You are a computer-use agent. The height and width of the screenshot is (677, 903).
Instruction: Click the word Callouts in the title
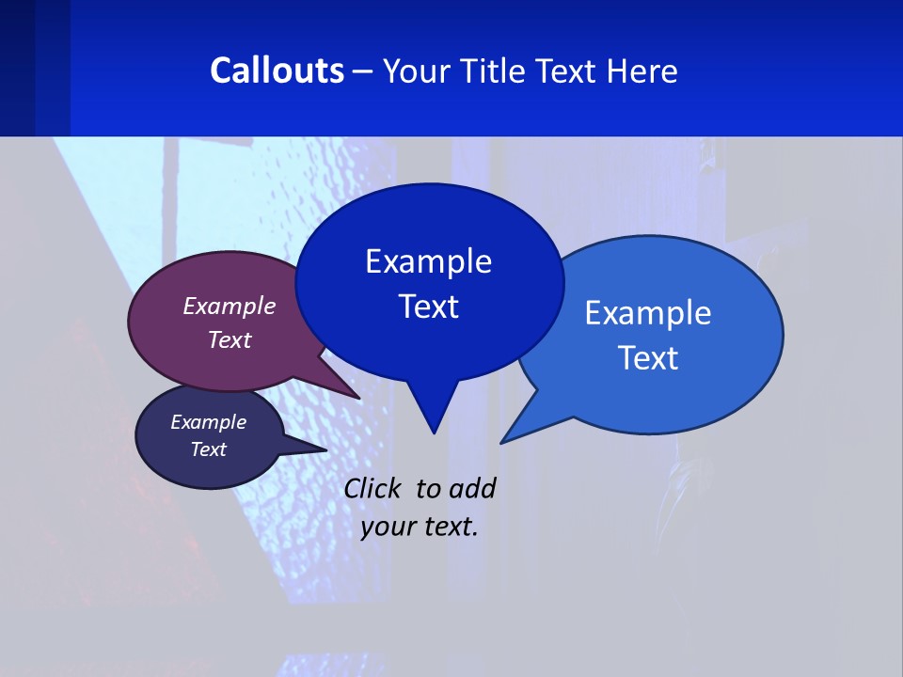coord(277,71)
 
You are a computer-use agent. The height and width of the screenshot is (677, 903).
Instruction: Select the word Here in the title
coord(642,71)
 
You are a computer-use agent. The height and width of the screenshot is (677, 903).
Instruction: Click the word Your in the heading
coord(419,71)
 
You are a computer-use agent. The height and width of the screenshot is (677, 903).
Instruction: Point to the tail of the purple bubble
coord(343,388)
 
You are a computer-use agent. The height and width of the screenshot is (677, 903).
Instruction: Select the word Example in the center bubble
coord(428,261)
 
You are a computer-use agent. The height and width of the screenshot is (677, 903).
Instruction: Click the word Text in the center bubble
coord(428,307)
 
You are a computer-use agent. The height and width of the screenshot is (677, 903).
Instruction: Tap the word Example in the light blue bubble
coord(648,313)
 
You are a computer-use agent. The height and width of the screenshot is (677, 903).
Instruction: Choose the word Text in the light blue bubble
coord(648,358)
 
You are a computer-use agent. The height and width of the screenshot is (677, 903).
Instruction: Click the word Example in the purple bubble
coord(230,306)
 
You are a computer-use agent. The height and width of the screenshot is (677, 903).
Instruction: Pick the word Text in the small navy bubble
coord(208,449)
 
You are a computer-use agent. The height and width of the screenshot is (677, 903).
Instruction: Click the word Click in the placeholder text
coord(374,488)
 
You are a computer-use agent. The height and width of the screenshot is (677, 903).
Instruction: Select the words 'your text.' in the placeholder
coord(420,527)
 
